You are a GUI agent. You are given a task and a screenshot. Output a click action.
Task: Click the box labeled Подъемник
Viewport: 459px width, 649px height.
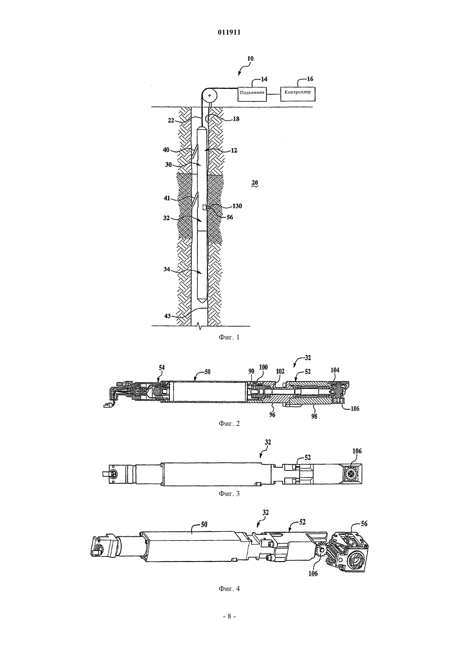click(x=252, y=94)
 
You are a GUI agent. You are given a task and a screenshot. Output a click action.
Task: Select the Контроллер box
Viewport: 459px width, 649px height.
click(x=298, y=94)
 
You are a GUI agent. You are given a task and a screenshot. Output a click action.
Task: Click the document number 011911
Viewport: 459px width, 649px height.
click(x=229, y=33)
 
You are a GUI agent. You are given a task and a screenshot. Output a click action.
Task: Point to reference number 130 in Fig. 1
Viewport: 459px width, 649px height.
click(x=237, y=206)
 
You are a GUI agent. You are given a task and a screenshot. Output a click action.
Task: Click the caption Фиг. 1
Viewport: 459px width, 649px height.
click(x=229, y=337)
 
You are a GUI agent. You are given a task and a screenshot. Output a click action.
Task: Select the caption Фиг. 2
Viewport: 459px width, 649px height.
click(x=229, y=424)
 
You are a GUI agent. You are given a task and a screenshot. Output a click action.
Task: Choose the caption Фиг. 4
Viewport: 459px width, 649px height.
click(x=229, y=589)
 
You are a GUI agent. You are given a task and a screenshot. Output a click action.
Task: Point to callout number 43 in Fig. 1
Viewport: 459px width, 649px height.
click(x=167, y=316)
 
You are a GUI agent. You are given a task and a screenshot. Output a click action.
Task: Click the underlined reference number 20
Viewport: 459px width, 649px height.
click(x=255, y=183)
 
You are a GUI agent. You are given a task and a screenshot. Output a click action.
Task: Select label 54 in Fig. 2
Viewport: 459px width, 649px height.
click(x=162, y=368)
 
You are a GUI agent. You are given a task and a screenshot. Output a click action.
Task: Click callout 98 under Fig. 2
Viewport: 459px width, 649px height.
click(x=314, y=416)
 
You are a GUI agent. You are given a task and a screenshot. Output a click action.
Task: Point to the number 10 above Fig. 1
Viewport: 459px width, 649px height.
click(x=251, y=58)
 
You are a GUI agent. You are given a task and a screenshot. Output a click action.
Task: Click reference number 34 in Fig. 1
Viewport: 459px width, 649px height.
click(x=166, y=269)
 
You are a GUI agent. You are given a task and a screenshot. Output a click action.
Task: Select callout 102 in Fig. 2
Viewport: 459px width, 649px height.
click(x=280, y=371)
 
